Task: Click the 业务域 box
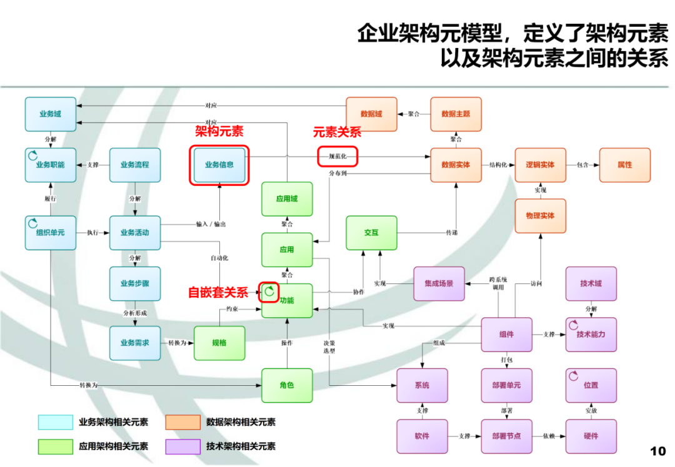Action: point(50,114)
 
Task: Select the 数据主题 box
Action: point(456,114)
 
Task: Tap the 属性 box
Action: point(624,165)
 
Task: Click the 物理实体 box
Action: point(540,215)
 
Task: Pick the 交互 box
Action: point(371,232)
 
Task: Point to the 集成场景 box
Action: point(439,283)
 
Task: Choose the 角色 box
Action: point(287,385)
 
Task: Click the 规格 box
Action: point(219,343)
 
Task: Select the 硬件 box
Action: point(591,436)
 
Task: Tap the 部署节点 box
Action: point(506,436)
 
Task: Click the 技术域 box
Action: point(591,283)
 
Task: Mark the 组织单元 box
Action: point(50,232)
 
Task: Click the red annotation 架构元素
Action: point(219,131)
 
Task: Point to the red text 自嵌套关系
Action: point(218,292)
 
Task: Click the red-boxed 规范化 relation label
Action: point(337,156)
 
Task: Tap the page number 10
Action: point(658,451)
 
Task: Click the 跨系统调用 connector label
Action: point(497,283)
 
